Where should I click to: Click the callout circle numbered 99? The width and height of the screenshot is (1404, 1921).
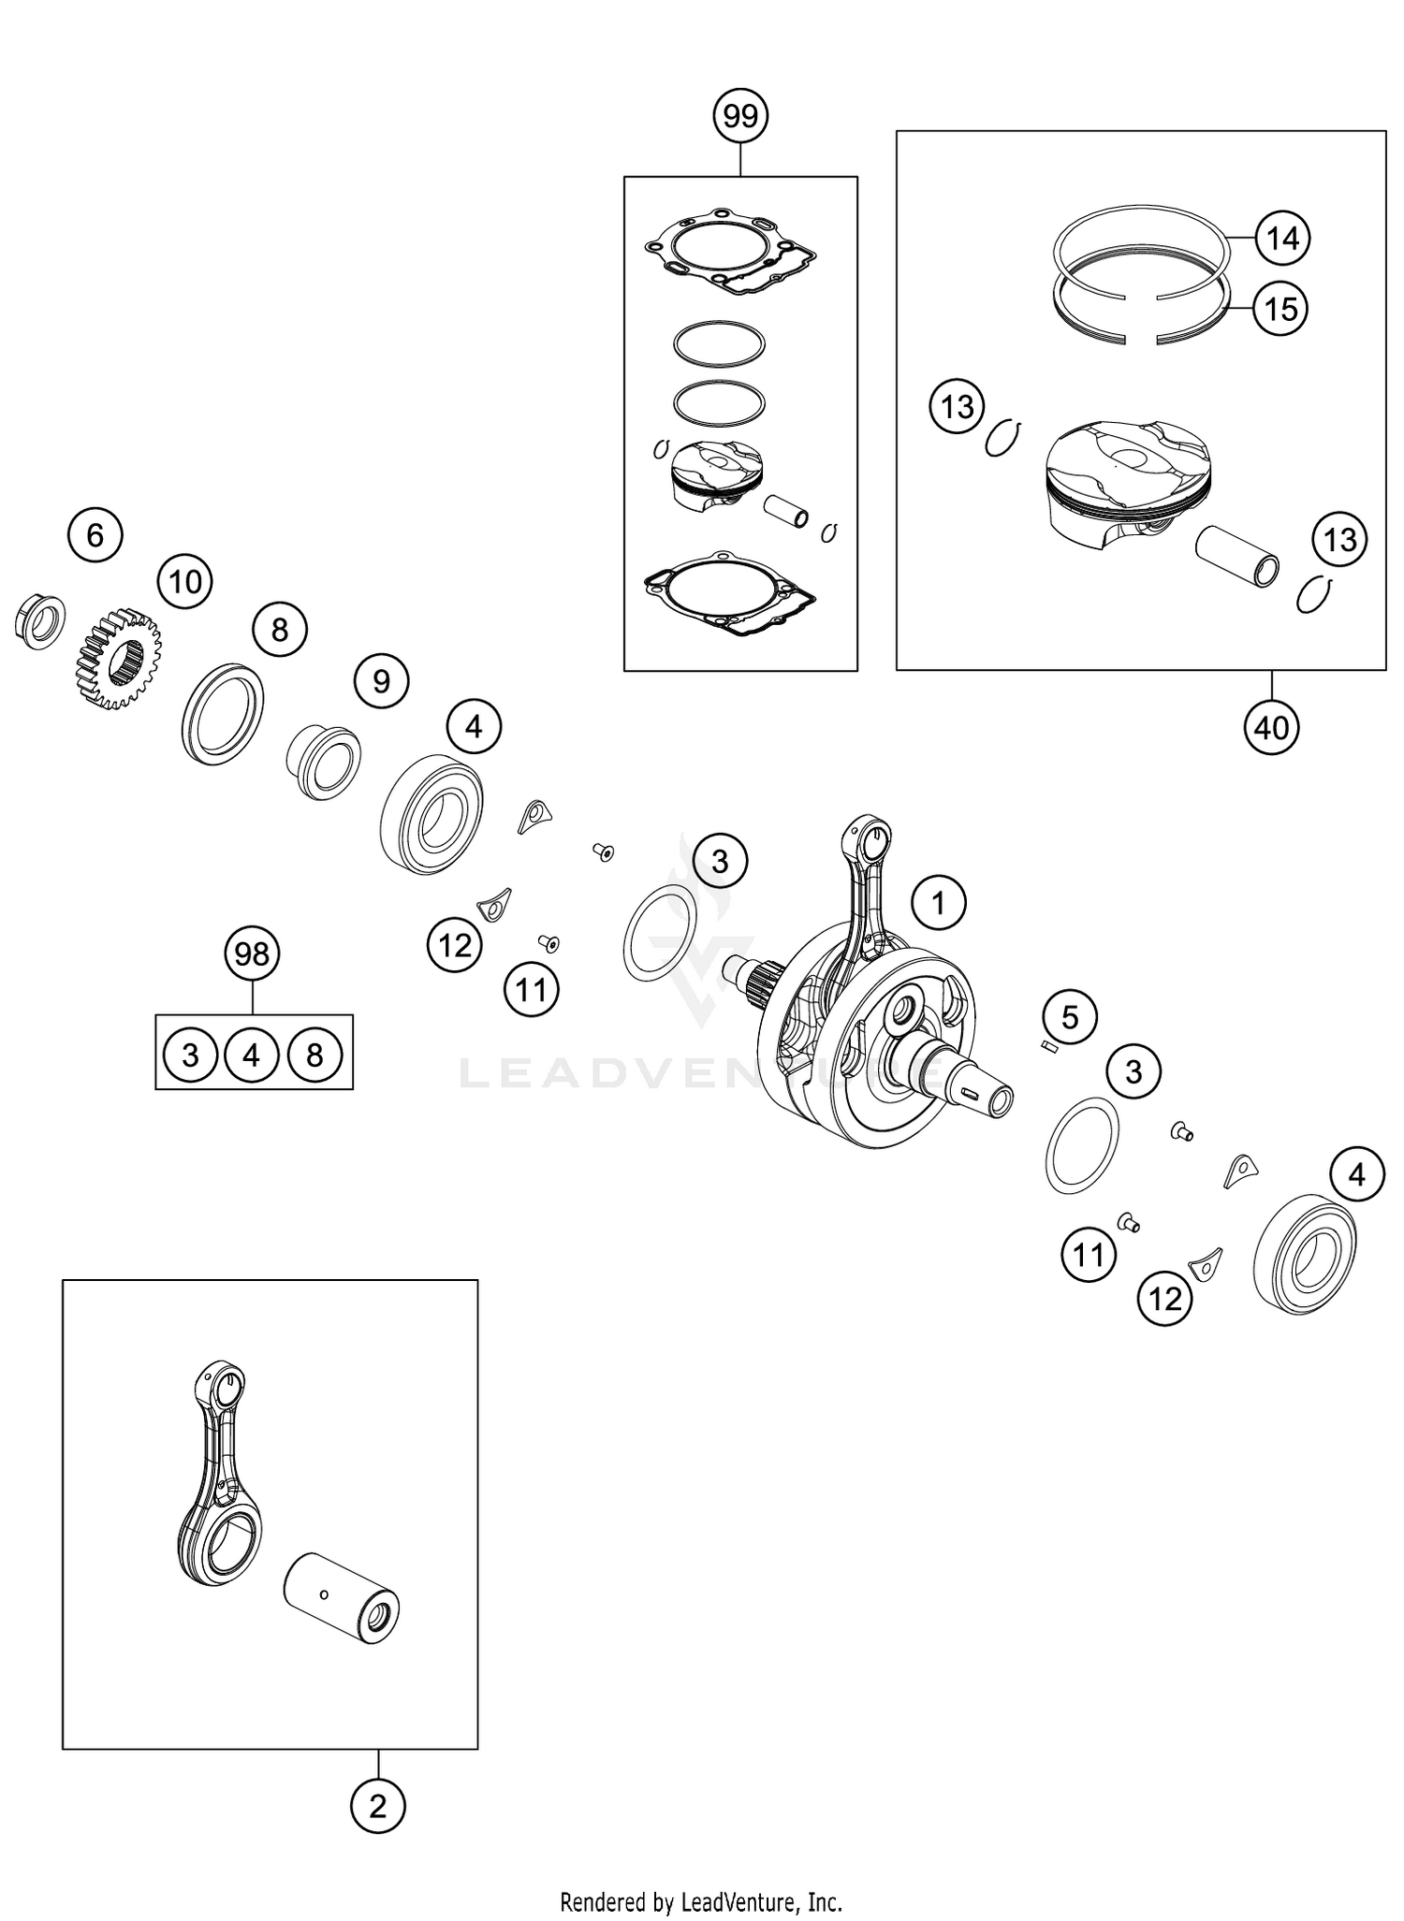pyautogui.click(x=740, y=116)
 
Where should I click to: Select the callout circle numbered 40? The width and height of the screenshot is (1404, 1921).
pyautogui.click(x=1271, y=727)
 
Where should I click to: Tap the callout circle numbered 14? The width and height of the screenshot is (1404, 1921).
pyautogui.click(x=1281, y=239)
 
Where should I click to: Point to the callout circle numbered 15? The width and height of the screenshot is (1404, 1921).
pyautogui.click(x=1280, y=308)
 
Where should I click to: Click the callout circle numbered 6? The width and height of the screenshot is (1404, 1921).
pyautogui.click(x=95, y=535)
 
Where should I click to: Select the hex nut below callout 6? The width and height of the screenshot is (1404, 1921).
pyautogui.click(x=41, y=619)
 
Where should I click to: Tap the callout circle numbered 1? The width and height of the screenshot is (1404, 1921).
pyautogui.click(x=938, y=902)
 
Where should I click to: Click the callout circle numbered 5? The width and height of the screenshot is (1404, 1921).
pyautogui.click(x=1070, y=1016)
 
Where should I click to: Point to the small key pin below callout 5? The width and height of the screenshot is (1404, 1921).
pyautogui.click(x=1049, y=1048)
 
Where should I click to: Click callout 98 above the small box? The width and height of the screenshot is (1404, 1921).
pyautogui.click(x=252, y=953)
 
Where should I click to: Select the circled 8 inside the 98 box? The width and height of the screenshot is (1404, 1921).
pyautogui.click(x=314, y=1055)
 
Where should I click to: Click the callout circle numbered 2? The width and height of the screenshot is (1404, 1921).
pyautogui.click(x=377, y=1806)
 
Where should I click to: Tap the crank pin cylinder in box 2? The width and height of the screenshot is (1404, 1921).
pyautogui.click(x=342, y=1599)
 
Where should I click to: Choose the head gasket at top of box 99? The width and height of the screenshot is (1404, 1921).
pyautogui.click(x=730, y=252)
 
